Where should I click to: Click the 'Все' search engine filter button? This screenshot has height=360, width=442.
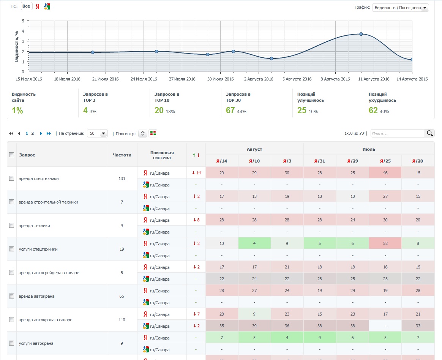pyautogui.click(x=26, y=6)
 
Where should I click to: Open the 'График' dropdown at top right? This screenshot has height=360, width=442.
pyautogui.click(x=400, y=8)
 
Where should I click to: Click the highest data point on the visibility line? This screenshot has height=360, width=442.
pyautogui.click(x=361, y=34)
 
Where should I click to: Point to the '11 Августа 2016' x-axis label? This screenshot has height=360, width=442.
pyautogui.click(x=374, y=79)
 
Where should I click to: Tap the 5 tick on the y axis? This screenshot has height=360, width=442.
pyautogui.click(x=23, y=21)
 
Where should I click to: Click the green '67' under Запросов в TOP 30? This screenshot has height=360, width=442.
pyautogui.click(x=230, y=110)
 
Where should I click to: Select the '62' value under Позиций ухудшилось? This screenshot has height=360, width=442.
pyautogui.click(x=373, y=110)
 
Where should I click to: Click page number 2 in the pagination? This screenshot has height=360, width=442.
pyautogui.click(x=32, y=133)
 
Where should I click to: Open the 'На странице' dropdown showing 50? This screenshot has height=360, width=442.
pyautogui.click(x=98, y=133)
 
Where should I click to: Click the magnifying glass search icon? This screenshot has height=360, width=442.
pyautogui.click(x=429, y=133)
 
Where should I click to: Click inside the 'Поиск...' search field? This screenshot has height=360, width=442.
pyautogui.click(x=398, y=133)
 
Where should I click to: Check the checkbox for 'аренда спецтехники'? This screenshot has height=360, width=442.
pyautogui.click(x=11, y=178)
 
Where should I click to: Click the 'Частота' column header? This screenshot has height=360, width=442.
pyautogui.click(x=122, y=155)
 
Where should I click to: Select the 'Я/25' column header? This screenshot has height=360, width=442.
pyautogui.click(x=385, y=161)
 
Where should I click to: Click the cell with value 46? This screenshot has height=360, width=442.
pyautogui.click(x=385, y=172)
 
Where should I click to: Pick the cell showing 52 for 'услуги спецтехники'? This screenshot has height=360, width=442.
pyautogui.click(x=385, y=243)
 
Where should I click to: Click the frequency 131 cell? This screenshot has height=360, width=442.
pyautogui.click(x=122, y=178)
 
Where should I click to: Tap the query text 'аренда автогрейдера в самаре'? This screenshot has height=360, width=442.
pyautogui.click(x=49, y=273)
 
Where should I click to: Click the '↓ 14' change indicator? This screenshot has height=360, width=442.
pyautogui.click(x=196, y=173)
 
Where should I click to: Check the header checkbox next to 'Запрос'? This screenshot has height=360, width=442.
pyautogui.click(x=11, y=155)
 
